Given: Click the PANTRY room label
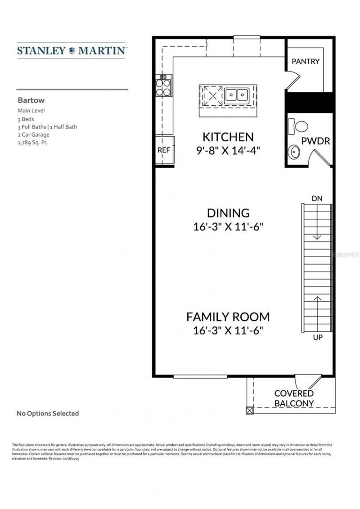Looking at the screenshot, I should (x=306, y=61).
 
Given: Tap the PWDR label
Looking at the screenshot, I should (x=315, y=141).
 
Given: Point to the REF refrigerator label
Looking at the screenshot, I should (x=164, y=150).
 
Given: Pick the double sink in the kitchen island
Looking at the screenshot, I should (x=237, y=95).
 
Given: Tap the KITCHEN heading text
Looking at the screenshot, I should (x=228, y=137).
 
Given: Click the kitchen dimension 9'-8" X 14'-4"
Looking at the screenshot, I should (x=228, y=151).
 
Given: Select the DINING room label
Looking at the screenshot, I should (x=228, y=213).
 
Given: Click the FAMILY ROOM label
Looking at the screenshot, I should (x=228, y=317).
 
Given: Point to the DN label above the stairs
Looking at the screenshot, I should (x=317, y=198).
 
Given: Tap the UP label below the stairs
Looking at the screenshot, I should (x=318, y=337).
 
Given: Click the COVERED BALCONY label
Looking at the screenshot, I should (x=294, y=398).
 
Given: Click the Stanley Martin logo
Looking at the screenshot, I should (x=72, y=50).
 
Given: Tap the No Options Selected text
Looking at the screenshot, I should (x=48, y=413).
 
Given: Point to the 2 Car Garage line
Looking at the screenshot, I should (x=34, y=134).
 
